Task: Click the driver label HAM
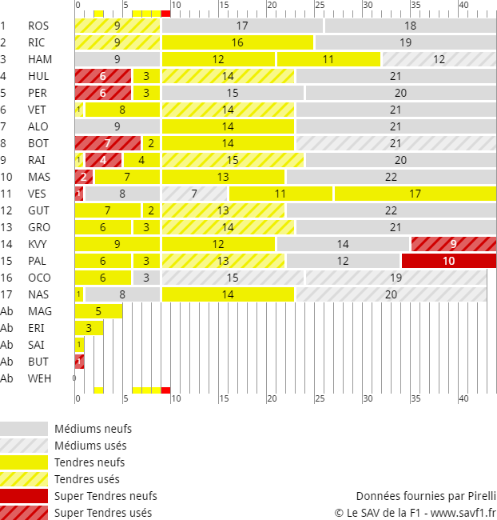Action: tap(40, 59)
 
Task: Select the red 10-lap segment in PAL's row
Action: tap(448, 261)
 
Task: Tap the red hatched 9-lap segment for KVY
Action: tap(453, 244)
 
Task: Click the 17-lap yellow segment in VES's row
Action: tap(415, 194)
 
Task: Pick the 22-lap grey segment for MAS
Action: tap(391, 177)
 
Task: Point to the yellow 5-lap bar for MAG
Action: tap(98, 311)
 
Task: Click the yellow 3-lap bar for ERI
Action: tap(89, 328)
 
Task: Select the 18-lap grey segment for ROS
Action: tap(410, 26)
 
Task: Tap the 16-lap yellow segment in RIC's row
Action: tap(237, 42)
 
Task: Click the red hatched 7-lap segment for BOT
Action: tap(107, 143)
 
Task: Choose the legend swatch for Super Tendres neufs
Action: tap(24, 496)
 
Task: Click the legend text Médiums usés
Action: tap(90, 446)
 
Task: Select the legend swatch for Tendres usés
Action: tap(24, 479)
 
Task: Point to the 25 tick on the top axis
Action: tap(320, 6)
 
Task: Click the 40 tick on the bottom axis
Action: tap(464, 398)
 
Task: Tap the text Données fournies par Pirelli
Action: tap(426, 495)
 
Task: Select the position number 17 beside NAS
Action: tap(6, 294)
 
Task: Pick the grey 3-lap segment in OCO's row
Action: tap(146, 278)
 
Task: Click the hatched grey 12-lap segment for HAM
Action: tap(439, 59)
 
